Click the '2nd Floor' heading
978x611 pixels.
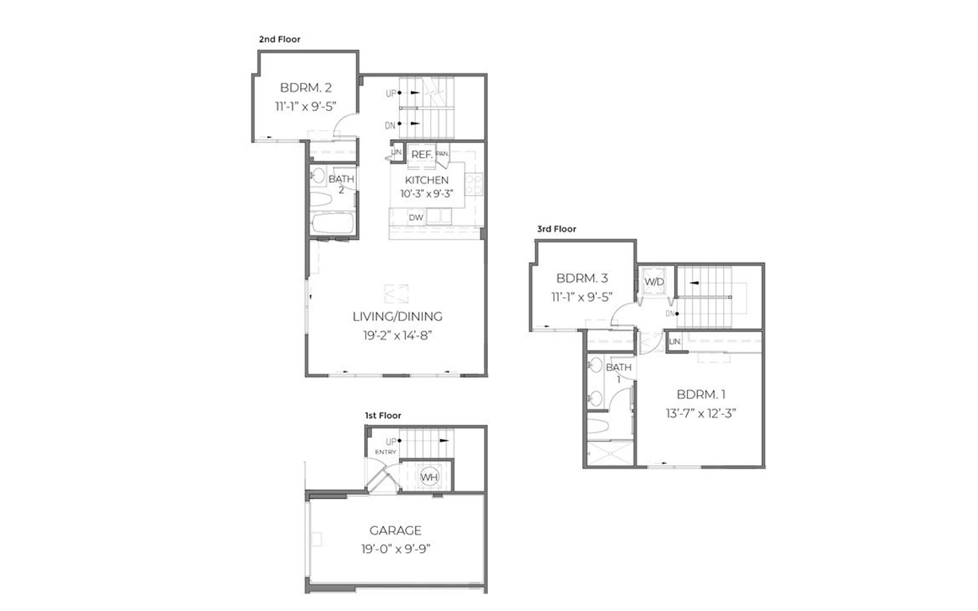click(x=279, y=40)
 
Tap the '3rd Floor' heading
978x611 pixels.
click(x=557, y=229)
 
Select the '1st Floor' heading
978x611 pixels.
click(x=383, y=415)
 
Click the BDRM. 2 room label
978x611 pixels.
click(x=306, y=88)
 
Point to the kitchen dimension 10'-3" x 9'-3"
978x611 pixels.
click(x=427, y=194)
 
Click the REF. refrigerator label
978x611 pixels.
click(x=422, y=155)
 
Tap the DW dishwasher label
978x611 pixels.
click(x=416, y=218)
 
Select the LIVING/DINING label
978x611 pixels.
click(x=397, y=317)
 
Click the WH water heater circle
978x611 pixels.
click(x=428, y=477)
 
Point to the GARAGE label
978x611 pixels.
click(x=396, y=531)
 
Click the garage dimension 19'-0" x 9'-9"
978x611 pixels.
click(x=396, y=549)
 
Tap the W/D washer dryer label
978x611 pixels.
click(x=654, y=282)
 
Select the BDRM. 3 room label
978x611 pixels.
click(x=582, y=278)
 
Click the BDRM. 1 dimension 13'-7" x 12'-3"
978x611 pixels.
click(x=701, y=413)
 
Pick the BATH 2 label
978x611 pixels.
click(x=341, y=184)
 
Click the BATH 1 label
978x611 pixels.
click(x=618, y=372)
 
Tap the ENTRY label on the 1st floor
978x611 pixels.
click(x=385, y=452)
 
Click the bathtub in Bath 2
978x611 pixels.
click(x=333, y=223)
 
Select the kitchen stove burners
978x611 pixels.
click(x=474, y=184)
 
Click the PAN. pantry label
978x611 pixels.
click(x=442, y=154)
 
